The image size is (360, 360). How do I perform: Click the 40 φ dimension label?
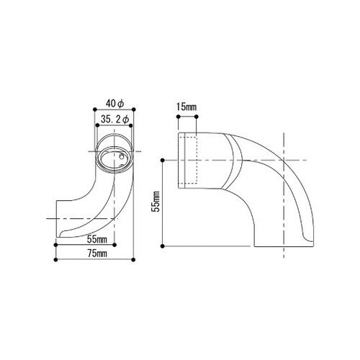click(x=115, y=104)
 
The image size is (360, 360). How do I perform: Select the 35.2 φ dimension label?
click(x=114, y=120)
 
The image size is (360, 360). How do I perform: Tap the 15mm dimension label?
click(x=186, y=107)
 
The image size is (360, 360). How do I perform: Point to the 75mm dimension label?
click(x=97, y=254)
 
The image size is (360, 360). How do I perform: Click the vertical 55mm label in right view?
click(x=156, y=201)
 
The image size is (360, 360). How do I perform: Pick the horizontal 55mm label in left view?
click(x=97, y=239)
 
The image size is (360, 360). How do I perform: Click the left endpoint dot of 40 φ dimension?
click(x=94, y=109)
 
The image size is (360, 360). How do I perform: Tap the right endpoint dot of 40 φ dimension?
click(x=134, y=109)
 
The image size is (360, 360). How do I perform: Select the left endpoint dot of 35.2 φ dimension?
click(x=97, y=125)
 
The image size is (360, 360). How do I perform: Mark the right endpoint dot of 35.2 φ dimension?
click(x=131, y=125)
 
